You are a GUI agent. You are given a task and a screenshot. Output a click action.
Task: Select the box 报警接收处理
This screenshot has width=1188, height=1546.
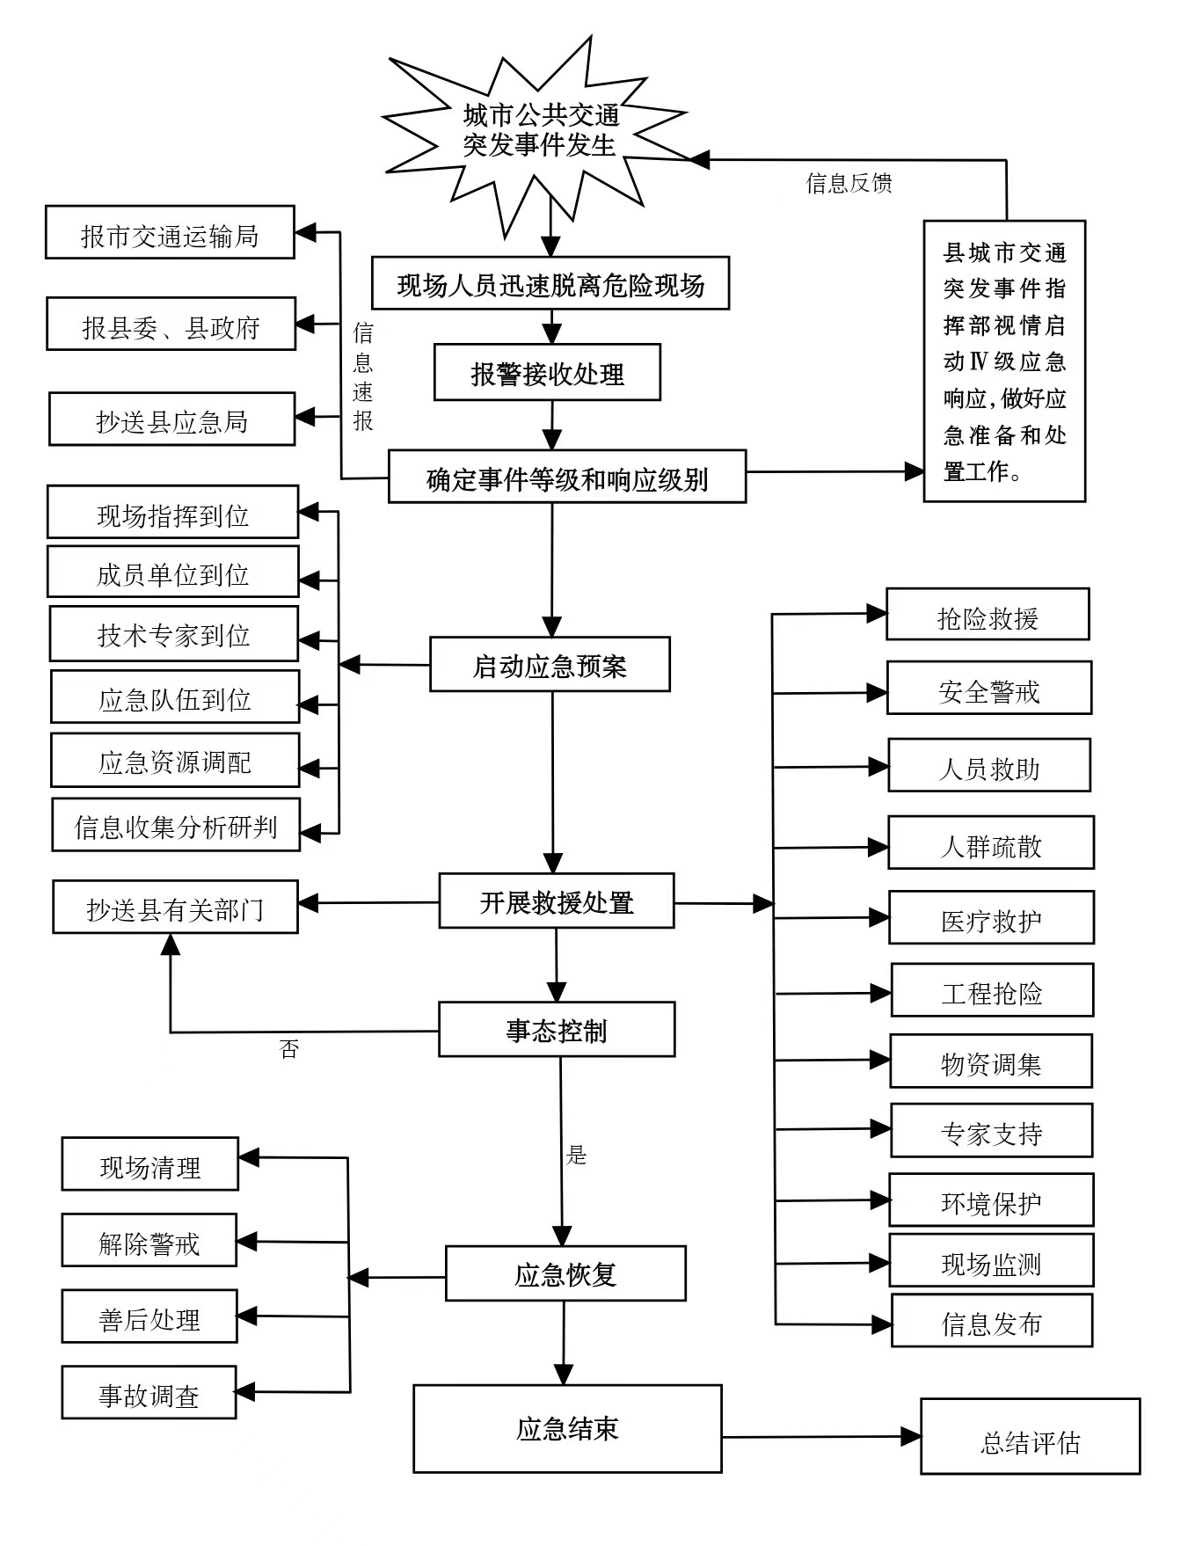(547, 373)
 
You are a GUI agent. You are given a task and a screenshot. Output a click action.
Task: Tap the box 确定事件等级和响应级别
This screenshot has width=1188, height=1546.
(567, 478)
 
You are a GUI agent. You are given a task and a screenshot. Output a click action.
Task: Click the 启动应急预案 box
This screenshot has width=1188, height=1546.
(550, 665)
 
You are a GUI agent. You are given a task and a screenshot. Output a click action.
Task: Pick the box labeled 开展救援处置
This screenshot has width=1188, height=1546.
(557, 901)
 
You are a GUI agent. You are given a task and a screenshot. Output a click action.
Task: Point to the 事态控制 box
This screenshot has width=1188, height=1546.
(557, 1030)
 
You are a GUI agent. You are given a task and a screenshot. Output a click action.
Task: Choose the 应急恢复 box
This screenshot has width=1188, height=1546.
(565, 1273)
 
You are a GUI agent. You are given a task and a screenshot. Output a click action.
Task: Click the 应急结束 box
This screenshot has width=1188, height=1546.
(567, 1428)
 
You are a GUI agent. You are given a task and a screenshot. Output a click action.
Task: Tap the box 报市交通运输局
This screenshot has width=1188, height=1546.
(170, 233)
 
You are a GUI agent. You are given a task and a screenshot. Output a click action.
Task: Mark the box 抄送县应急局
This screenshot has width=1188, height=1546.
(171, 419)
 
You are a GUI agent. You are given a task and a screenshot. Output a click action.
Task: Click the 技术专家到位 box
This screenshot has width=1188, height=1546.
(173, 634)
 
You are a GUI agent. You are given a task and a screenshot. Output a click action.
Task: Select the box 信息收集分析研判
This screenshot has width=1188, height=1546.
(176, 825)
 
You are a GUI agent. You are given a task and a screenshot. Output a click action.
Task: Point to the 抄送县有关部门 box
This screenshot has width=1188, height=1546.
(175, 908)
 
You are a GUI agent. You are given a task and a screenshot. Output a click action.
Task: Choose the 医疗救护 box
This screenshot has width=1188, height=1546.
(991, 918)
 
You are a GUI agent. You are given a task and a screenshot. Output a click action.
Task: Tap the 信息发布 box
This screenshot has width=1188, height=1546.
(992, 1321)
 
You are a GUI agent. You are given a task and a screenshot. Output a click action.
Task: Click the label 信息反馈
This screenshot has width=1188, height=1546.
(849, 183)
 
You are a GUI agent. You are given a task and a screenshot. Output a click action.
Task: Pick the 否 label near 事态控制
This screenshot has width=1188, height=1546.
(289, 1048)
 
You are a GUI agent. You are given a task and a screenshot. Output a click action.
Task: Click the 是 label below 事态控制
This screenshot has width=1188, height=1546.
(577, 1155)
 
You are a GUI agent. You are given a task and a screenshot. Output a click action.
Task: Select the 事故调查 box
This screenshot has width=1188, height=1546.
(149, 1393)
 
